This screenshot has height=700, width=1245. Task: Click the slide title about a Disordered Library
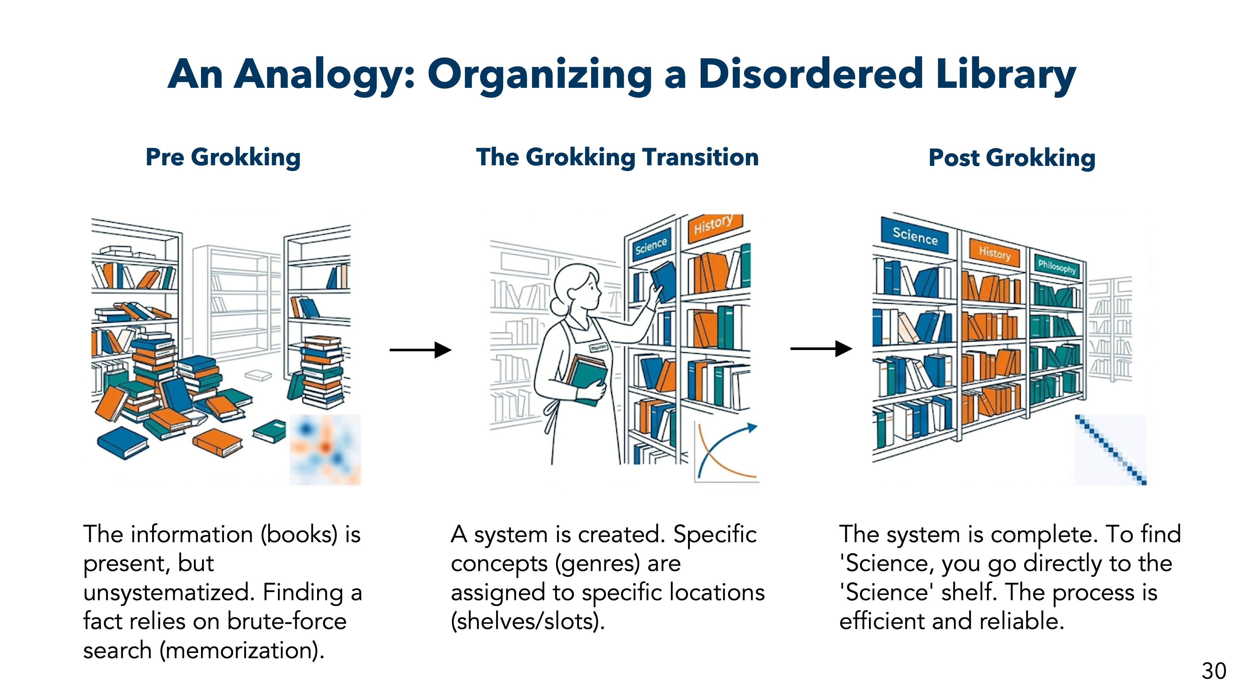point(622,75)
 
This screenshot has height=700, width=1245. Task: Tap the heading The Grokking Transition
point(617,157)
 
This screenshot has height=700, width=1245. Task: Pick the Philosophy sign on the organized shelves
point(1057,266)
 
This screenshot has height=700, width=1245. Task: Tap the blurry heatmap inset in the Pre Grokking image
point(325,449)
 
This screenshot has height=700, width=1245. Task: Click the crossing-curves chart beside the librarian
point(726,452)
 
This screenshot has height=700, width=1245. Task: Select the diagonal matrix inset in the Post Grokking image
point(1110,449)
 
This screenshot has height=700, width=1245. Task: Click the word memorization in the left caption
point(242,650)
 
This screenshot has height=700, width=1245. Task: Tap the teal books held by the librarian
point(587,379)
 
